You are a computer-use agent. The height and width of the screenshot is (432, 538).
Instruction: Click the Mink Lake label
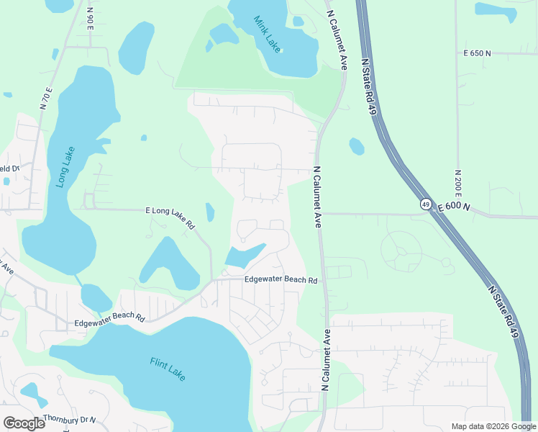tap(268, 33)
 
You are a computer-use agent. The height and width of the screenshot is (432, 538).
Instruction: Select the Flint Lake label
tap(168, 369)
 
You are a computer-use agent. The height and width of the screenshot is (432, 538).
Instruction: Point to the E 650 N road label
tap(478, 53)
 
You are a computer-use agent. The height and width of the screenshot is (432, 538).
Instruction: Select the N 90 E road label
tap(90, 21)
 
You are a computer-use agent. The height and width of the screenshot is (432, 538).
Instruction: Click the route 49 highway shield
tap(426, 204)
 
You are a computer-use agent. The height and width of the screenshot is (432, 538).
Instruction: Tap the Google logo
tap(24, 423)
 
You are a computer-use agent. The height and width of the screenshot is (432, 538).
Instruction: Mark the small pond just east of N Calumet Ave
tap(357, 146)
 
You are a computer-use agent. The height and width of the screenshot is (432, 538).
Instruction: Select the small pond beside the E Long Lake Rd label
tap(210, 212)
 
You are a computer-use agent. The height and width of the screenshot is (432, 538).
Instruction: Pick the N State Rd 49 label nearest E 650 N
tap(370, 86)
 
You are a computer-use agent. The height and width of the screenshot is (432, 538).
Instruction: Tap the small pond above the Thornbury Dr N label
tap(33, 394)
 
